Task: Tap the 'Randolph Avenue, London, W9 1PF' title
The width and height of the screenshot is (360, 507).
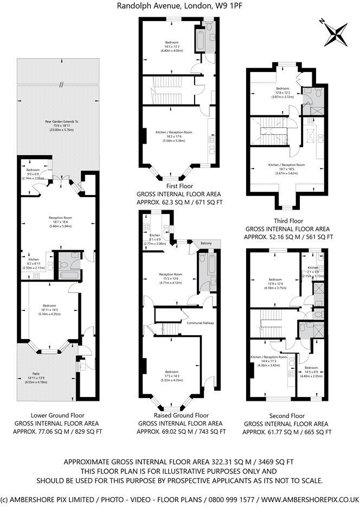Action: pyautogui.click(x=179, y=6)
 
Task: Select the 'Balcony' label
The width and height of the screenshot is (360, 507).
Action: pyautogui.click(x=206, y=243)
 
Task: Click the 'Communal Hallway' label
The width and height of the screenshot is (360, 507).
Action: pyautogui.click(x=201, y=323)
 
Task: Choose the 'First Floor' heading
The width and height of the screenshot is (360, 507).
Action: pyautogui.click(x=180, y=186)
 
